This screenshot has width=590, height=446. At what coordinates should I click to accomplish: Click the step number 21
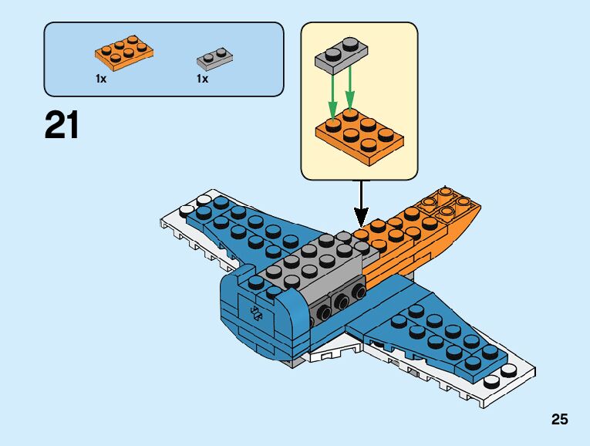pos(62,124)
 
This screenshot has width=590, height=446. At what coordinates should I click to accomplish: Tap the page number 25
pos(560,420)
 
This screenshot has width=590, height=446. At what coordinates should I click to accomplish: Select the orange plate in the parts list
pos(123,51)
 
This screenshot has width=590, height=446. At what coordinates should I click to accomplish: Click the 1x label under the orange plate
pos(101,79)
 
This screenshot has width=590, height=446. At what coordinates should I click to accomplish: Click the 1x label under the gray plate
pos(202,79)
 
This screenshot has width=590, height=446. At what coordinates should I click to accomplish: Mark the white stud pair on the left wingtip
pos(194,205)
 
